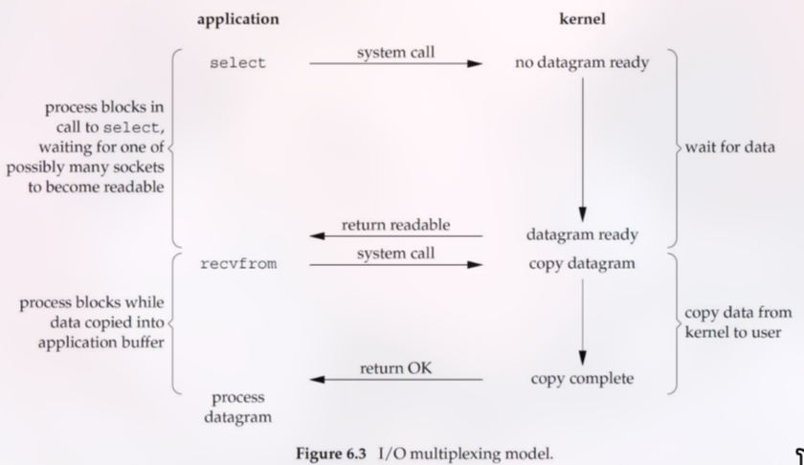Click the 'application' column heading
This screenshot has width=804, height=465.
coord(238,19)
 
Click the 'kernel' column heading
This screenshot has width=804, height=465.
coord(582,19)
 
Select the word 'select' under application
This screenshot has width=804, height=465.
coord(237,63)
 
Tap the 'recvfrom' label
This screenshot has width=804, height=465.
coord(238,263)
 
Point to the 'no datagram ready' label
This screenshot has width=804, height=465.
coord(581,63)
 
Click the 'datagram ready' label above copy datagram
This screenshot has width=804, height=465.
coord(582,234)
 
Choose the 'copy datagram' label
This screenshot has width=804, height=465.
coord(582,263)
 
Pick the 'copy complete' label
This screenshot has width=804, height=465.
coord(582,379)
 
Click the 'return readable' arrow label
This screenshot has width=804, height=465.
coord(395,226)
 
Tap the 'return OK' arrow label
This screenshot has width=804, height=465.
coord(395,368)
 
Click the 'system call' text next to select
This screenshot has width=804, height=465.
coord(395,53)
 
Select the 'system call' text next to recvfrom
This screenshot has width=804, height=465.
coord(395,254)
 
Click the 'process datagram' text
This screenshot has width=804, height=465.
coord(238,407)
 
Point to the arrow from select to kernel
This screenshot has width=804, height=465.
coord(395,64)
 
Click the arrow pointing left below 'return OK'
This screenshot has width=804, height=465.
coord(395,380)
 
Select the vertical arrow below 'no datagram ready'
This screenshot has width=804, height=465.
coord(582,148)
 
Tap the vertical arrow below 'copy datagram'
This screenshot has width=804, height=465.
coord(582,321)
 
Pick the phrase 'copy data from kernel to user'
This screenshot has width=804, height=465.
coord(737,322)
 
